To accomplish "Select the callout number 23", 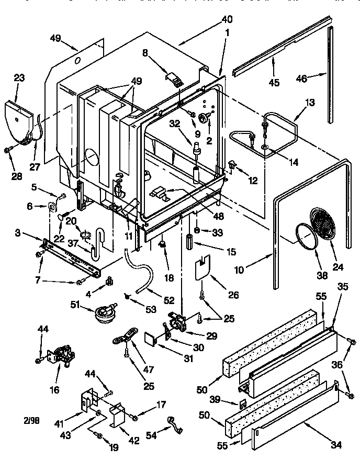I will coord(19,77).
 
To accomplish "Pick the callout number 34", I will coord(336,445).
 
